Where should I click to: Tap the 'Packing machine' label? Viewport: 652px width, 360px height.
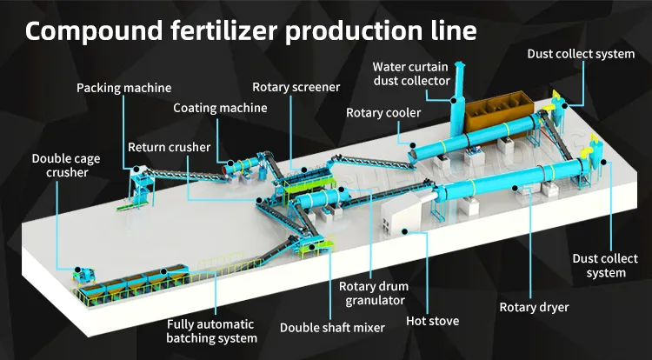[x=123, y=88]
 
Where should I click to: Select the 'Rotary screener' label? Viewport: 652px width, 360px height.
[x=296, y=87]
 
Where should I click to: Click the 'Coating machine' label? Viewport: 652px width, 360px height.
[x=220, y=109]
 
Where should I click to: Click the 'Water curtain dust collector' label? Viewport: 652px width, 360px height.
[x=411, y=74]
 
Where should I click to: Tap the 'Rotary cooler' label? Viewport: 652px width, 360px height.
[x=383, y=113]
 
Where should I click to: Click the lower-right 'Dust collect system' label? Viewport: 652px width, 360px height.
[x=599, y=265]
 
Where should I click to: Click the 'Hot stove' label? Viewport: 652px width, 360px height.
[x=432, y=321]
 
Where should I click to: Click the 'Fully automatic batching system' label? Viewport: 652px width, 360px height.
[x=212, y=331]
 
